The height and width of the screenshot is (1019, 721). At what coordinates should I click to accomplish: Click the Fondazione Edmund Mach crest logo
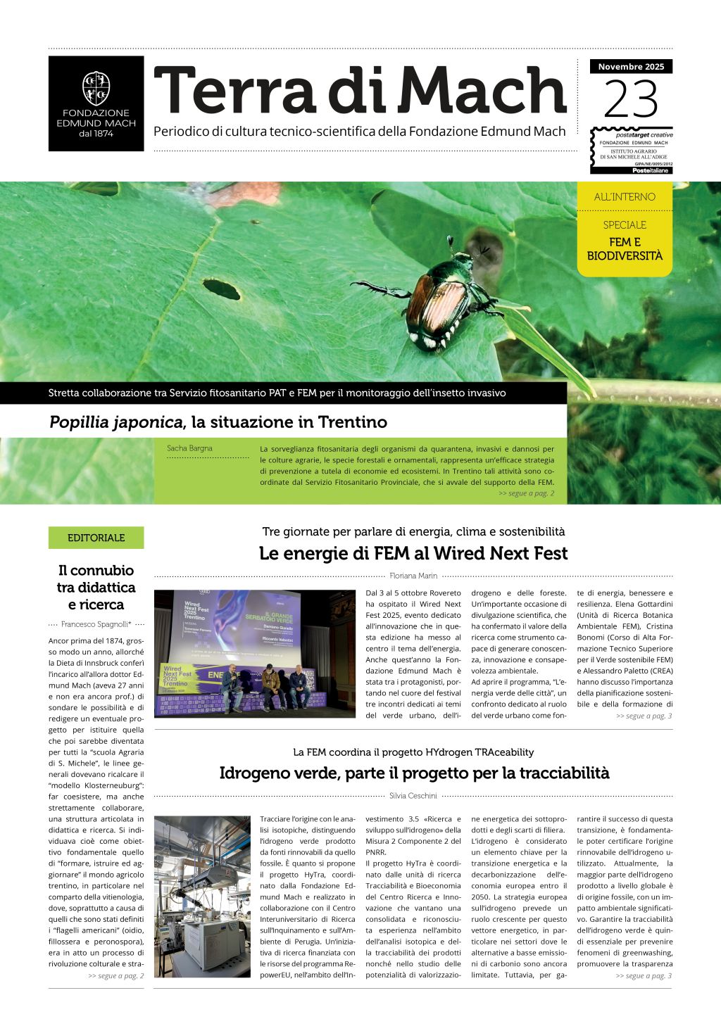[96, 88]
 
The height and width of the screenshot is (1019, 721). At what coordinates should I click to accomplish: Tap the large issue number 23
[630, 99]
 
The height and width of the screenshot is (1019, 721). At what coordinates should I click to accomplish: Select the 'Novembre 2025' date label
[631, 67]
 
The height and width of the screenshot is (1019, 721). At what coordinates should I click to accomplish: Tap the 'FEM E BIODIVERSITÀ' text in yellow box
[625, 249]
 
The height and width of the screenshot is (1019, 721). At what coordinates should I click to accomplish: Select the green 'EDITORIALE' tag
[96, 538]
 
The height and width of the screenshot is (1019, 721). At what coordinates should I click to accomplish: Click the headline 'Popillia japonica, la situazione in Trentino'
[218, 422]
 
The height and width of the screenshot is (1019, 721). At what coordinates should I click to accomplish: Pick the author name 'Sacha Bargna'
[189, 448]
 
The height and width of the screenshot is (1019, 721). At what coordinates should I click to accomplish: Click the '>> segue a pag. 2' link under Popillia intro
[526, 493]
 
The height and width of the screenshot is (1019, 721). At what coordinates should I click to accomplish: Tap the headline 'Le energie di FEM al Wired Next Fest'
[413, 553]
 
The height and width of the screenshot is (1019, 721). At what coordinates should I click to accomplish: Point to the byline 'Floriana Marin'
[413, 576]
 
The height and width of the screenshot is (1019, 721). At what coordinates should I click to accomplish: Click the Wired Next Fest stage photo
[255, 654]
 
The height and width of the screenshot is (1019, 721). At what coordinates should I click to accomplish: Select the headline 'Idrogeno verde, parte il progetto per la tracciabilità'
[413, 773]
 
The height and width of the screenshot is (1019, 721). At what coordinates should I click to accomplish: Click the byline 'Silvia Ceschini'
[413, 796]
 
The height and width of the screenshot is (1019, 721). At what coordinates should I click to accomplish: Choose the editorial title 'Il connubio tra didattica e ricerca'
[96, 588]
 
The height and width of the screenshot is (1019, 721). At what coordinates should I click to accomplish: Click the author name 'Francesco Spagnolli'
[96, 624]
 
